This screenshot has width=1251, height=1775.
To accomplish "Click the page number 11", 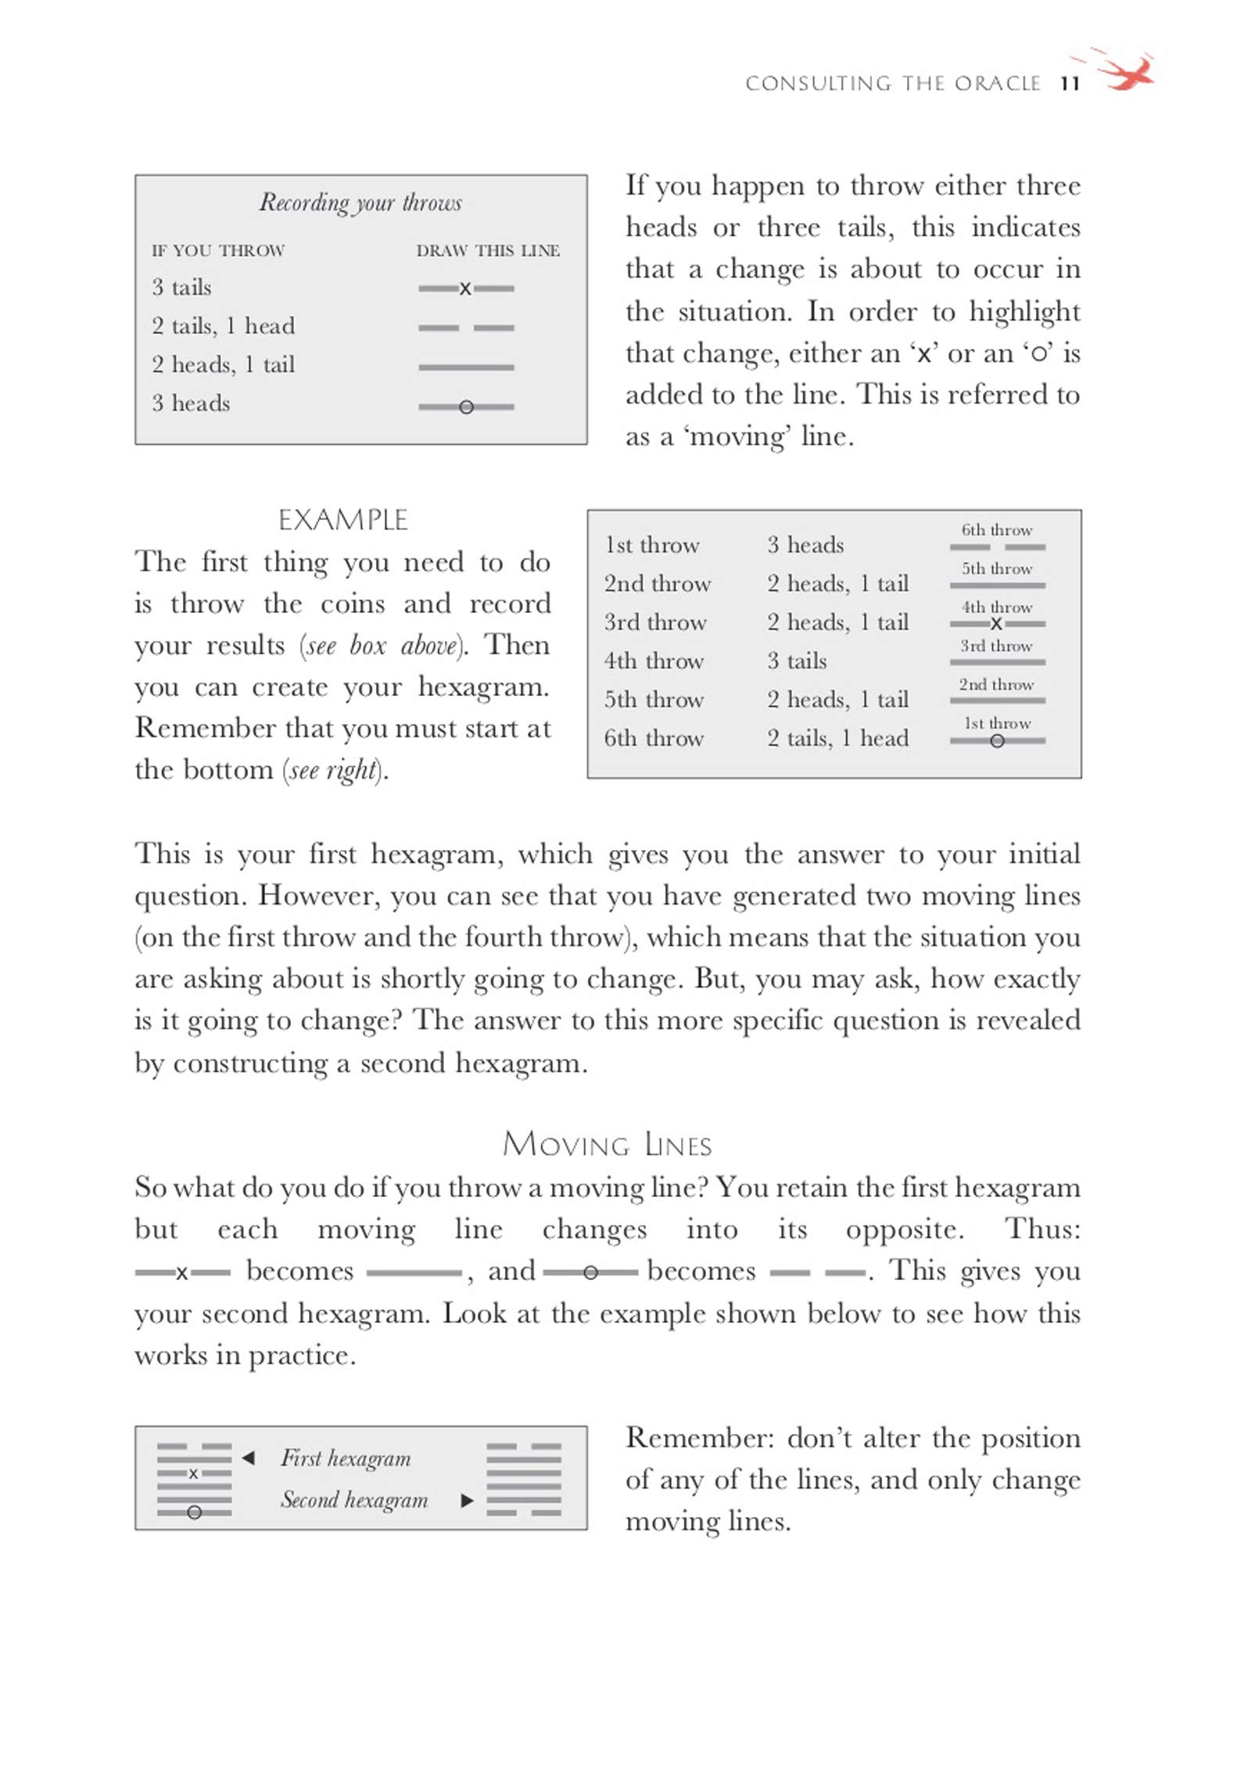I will pos(1070,84).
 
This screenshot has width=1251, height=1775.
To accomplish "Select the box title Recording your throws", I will pos(360,203).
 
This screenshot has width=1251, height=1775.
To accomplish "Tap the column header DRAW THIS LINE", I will pos(488,251).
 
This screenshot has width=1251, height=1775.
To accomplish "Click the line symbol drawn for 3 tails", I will pos(466,289).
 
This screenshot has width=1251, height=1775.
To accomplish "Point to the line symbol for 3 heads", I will pos(466,407).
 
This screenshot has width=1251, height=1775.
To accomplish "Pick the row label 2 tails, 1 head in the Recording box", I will pos(224,326).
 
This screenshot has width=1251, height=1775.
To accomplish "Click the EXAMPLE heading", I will pos(343,520).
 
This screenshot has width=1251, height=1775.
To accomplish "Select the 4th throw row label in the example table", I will pos(654,662).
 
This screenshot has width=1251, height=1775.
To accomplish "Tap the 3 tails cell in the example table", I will pos(797,662).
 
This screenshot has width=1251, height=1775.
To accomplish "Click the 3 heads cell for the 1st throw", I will pos(805,545).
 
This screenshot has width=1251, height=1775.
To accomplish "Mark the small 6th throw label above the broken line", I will pos(997,530).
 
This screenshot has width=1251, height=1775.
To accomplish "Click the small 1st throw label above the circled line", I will pos(997,723).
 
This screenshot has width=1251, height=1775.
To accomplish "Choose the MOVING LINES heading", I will pos(607,1146).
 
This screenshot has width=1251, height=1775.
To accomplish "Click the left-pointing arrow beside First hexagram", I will pos(249,1458).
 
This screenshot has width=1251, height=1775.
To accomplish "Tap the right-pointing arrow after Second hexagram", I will pos(468,1500).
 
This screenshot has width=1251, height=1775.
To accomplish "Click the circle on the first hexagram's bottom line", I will pos(195,1512).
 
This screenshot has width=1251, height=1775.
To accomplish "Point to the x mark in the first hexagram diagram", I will pos(193,1473).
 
